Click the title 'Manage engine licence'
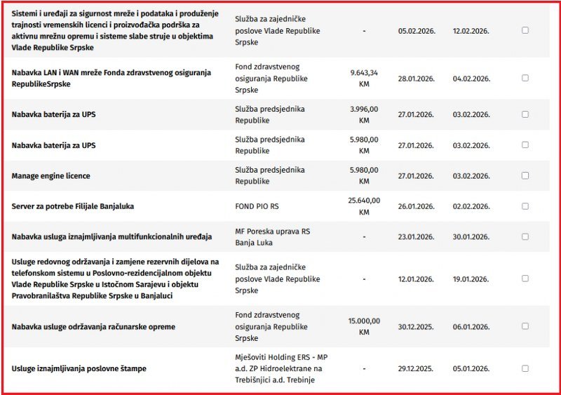(51, 175)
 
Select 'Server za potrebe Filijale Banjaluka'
(73, 206)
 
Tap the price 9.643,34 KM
(364, 78)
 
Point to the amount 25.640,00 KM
(364, 206)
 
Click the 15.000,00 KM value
(364, 327)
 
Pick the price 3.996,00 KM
(364, 114)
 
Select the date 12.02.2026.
(471, 31)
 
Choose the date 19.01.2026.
(471, 279)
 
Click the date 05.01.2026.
(471, 368)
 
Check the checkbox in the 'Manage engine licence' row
(525, 175)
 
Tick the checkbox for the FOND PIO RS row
(525, 206)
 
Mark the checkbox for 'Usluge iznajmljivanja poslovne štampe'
(525, 368)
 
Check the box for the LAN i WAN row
(525, 78)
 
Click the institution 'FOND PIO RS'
(257, 206)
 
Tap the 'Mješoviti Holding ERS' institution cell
(281, 368)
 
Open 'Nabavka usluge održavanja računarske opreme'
(93, 327)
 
